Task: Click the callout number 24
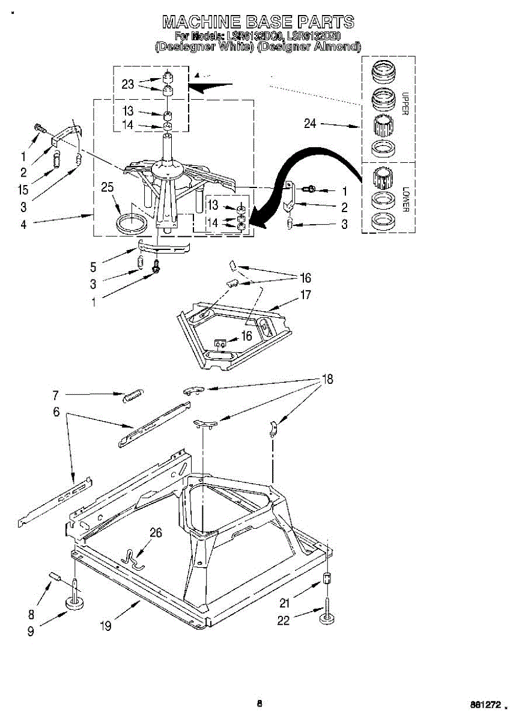310,124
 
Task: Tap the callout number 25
108,187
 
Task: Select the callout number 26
156,532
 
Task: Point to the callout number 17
306,295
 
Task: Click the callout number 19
106,626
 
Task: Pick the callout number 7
55,395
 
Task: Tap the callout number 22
283,620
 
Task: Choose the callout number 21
284,603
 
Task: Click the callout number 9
30,631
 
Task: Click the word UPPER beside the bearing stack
405,104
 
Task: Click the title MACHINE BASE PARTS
258,23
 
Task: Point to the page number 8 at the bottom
259,704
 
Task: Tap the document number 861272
488,704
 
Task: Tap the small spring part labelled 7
132,395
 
